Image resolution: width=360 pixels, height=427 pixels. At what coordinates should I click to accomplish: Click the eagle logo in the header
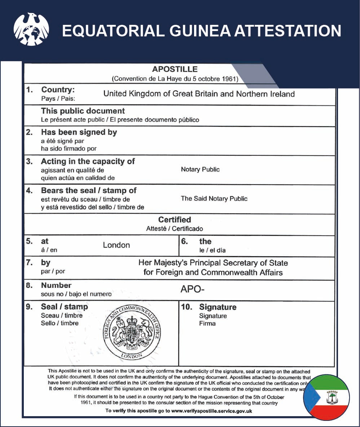click(x=31, y=30)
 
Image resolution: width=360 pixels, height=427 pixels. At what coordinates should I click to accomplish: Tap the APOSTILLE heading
click(x=175, y=69)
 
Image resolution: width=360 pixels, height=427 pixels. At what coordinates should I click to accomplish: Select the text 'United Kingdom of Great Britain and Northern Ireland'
click(x=199, y=94)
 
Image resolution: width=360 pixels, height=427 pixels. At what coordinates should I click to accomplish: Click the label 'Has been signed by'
click(x=79, y=132)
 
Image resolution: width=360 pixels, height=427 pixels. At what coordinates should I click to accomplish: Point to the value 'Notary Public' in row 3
click(x=200, y=169)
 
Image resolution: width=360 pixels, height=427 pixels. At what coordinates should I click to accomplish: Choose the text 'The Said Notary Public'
click(x=214, y=198)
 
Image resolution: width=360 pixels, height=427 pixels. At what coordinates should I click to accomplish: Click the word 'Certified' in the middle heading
click(x=175, y=219)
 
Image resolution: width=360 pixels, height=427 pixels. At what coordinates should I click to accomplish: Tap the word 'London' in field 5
click(x=116, y=245)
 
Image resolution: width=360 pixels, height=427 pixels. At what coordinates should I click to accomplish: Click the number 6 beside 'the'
click(x=184, y=241)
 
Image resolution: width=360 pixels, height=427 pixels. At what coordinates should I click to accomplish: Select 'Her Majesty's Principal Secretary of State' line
click(x=213, y=263)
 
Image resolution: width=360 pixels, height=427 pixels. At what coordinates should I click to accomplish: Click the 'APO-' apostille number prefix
click(x=190, y=289)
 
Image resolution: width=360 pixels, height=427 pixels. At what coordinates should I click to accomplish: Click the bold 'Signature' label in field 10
click(x=218, y=307)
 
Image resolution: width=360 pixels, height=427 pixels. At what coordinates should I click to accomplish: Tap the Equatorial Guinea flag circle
click(x=326, y=397)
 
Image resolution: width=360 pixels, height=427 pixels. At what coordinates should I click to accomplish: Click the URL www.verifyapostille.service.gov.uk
click(x=211, y=411)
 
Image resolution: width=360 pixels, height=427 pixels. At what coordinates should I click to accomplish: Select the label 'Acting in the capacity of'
click(x=88, y=161)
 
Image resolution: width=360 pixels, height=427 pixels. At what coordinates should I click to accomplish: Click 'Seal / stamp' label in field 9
click(x=64, y=307)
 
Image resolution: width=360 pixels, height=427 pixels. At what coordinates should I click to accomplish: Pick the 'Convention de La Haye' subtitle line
click(x=175, y=79)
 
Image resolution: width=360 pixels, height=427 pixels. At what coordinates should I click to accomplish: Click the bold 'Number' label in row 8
click(x=56, y=285)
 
